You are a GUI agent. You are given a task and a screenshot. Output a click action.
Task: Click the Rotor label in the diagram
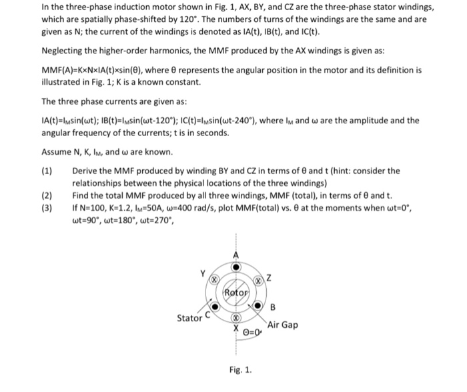pos(237,291)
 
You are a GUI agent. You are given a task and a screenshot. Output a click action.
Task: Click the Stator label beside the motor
pos(189,318)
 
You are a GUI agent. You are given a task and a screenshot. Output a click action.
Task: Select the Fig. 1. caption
pos(238,369)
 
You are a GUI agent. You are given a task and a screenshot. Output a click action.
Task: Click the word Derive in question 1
pos(85,170)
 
